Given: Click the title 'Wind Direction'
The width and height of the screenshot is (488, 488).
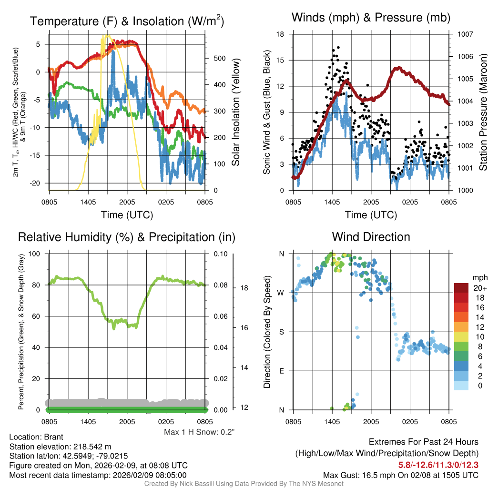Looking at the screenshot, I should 371,237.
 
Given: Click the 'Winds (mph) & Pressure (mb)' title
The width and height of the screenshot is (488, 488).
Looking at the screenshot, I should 371,18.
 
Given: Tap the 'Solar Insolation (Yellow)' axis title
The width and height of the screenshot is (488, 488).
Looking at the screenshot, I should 235,112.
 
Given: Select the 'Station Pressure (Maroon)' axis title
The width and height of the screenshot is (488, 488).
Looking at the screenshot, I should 483,112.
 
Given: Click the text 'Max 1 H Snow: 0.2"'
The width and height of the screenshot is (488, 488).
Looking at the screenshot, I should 199,432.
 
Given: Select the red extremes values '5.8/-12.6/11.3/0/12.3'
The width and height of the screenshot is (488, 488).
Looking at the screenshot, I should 438,465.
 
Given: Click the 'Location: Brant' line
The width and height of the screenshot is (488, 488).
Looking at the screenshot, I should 36,437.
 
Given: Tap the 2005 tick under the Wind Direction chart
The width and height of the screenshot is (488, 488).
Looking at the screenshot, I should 371,422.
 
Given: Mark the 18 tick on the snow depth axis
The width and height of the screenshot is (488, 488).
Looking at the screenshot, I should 244,288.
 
